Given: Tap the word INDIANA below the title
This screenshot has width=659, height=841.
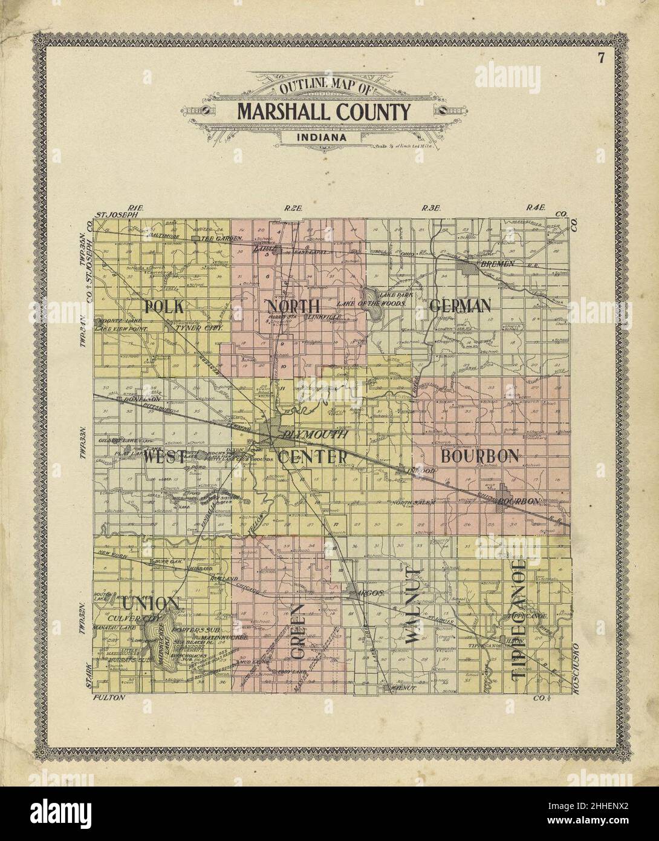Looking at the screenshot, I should tap(322, 137).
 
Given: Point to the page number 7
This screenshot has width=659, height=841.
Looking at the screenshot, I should tap(600, 59).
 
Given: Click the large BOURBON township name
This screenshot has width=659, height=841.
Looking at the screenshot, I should tap(479, 456).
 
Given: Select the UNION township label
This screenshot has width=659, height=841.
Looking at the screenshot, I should tap(150, 603).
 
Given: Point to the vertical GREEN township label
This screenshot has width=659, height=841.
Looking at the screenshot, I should tap(297, 629).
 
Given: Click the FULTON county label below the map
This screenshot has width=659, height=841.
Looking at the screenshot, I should tap(109, 698).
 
